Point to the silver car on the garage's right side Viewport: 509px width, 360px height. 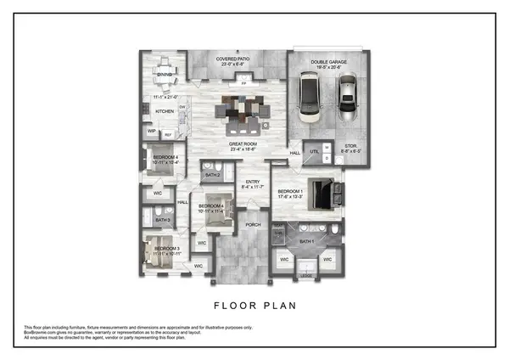(348, 98)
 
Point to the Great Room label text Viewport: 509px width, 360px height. (243, 144)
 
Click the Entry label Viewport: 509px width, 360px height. (252, 182)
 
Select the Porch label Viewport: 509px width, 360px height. (252, 224)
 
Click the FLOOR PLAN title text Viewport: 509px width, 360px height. (255, 301)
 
